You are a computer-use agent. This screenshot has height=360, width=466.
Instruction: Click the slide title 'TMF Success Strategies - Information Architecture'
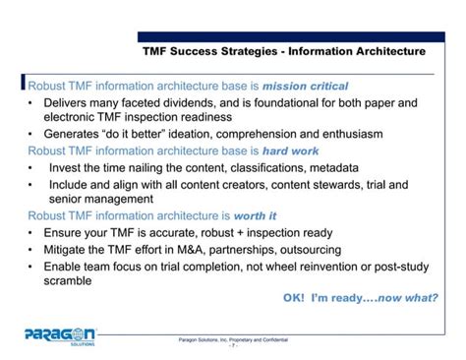[x=284, y=50]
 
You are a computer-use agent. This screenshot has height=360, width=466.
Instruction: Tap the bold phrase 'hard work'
[x=289, y=151]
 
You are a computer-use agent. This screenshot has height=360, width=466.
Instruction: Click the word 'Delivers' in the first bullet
[x=73, y=102]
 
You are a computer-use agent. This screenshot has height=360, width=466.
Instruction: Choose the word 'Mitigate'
[x=74, y=249]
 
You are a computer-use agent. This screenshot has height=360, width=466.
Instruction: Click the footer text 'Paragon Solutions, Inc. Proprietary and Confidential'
[x=233, y=338]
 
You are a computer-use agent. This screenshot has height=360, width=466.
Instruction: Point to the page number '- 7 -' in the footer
[x=233, y=345]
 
